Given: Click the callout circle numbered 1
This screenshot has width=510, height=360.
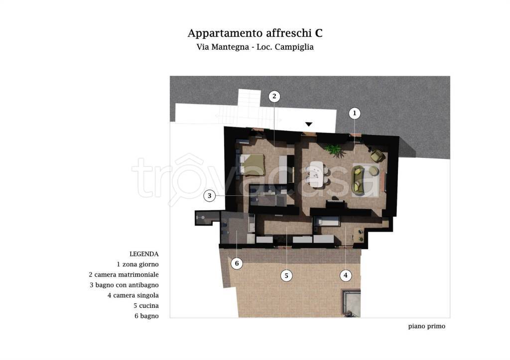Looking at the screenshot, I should coord(354,114).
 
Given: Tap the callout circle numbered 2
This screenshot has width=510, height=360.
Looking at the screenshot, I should coord(274,97).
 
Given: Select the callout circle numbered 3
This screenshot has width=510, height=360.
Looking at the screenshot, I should coord(210,196).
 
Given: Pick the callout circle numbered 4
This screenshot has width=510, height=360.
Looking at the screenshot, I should coord(345,275).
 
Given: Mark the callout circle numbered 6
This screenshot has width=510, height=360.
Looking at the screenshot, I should coord(237,263).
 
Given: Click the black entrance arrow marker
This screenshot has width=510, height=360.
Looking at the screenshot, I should coord(309,124).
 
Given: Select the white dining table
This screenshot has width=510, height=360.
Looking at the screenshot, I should coord(316,174).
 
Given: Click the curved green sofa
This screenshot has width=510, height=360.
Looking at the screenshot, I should coord(358,180).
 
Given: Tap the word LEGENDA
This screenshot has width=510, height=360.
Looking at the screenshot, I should coord(144,253).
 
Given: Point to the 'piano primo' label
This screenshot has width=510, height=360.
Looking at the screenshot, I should coord(426,327).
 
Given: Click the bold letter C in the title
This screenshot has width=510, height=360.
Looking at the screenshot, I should coord(319,33).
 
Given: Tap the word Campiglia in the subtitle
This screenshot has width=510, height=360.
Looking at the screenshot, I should coord(296,48).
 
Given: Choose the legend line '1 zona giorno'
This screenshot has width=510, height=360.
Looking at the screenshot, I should coord(137,264).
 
